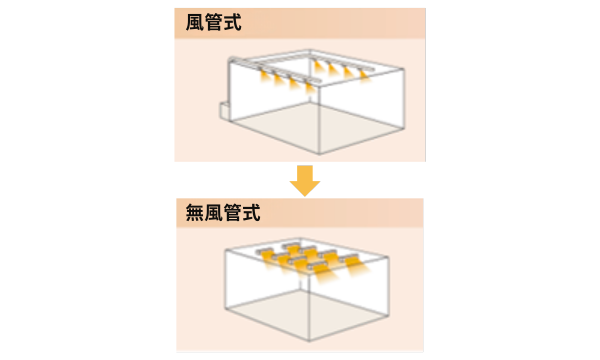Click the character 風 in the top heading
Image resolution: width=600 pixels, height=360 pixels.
click(196, 23)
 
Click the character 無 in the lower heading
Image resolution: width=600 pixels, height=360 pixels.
click(195, 213)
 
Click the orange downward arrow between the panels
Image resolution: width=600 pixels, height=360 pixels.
click(304, 180)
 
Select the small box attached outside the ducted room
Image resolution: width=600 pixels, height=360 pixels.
click(224, 109)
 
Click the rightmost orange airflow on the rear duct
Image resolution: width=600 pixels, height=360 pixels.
click(363, 75)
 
